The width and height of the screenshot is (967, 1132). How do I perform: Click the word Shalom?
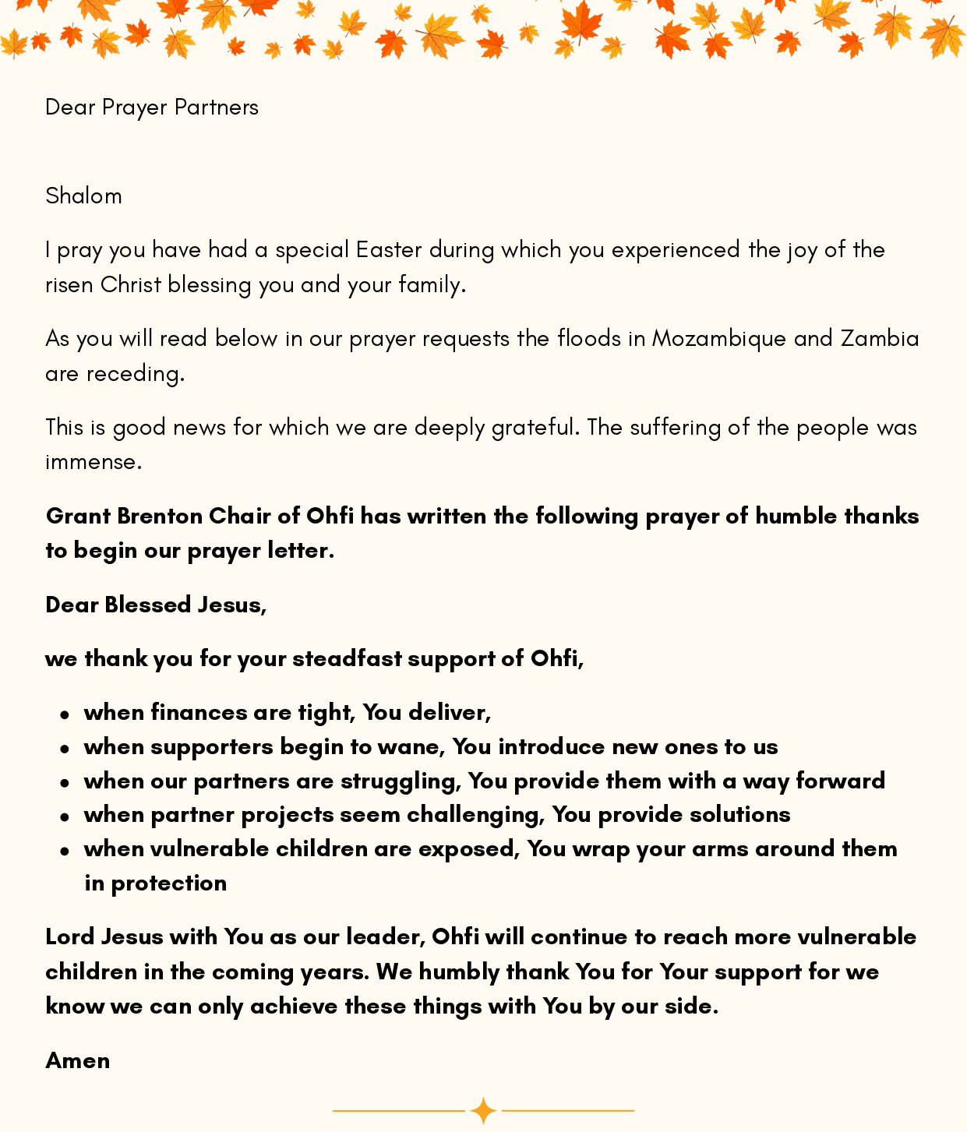click(x=83, y=196)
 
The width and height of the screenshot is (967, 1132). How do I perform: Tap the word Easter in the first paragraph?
click(x=389, y=250)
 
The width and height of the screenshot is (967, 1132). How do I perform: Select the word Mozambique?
click(x=718, y=339)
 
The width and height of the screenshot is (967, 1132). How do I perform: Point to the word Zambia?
click(x=880, y=339)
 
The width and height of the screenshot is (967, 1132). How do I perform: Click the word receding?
click(x=134, y=374)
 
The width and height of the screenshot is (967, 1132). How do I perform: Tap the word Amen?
click(x=77, y=1060)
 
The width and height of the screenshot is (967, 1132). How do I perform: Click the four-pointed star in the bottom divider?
click(x=483, y=1110)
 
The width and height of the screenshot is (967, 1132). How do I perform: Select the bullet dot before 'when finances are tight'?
click(x=65, y=714)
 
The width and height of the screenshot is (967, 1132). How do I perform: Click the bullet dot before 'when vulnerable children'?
click(x=65, y=850)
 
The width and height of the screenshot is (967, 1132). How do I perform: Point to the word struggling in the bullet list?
click(x=401, y=781)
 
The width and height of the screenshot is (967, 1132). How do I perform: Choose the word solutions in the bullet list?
click(x=740, y=815)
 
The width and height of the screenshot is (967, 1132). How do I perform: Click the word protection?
click(x=169, y=883)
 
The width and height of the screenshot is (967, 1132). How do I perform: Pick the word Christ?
click(x=131, y=285)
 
